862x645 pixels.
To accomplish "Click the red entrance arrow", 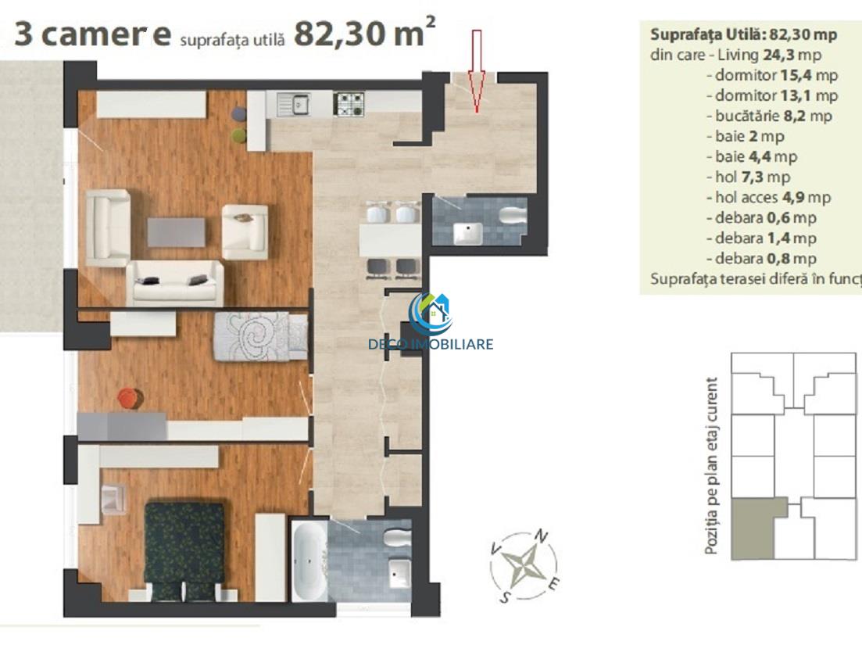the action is click(x=477, y=71).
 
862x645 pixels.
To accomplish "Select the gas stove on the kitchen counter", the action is click(x=349, y=104).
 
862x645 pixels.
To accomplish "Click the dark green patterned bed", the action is click(x=184, y=550).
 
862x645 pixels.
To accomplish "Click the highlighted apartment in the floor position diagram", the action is click(x=753, y=528).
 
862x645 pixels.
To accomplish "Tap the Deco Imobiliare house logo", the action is click(x=431, y=315).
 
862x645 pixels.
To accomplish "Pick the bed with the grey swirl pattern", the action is click(x=260, y=336).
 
